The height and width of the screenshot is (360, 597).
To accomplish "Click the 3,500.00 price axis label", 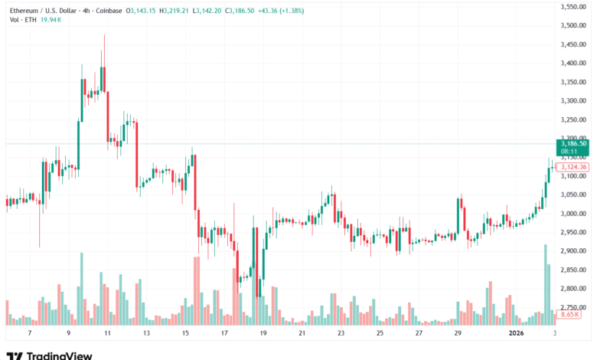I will (x=573, y=25).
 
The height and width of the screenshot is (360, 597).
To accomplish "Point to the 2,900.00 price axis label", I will (x=573, y=250).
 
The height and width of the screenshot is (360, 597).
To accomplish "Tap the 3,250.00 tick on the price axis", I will (x=573, y=119).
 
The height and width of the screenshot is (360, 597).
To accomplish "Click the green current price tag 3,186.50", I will (x=573, y=143).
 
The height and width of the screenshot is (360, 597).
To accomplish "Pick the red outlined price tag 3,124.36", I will (x=573, y=167).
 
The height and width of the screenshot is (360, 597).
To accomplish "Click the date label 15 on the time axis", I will (x=185, y=334).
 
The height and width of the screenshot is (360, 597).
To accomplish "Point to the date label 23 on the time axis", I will (x=341, y=334).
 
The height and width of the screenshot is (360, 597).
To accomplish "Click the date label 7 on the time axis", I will (x=29, y=334).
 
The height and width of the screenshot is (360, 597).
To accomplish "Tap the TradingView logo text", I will (x=59, y=355).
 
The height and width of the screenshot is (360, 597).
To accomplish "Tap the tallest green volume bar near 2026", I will (x=545, y=283).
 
